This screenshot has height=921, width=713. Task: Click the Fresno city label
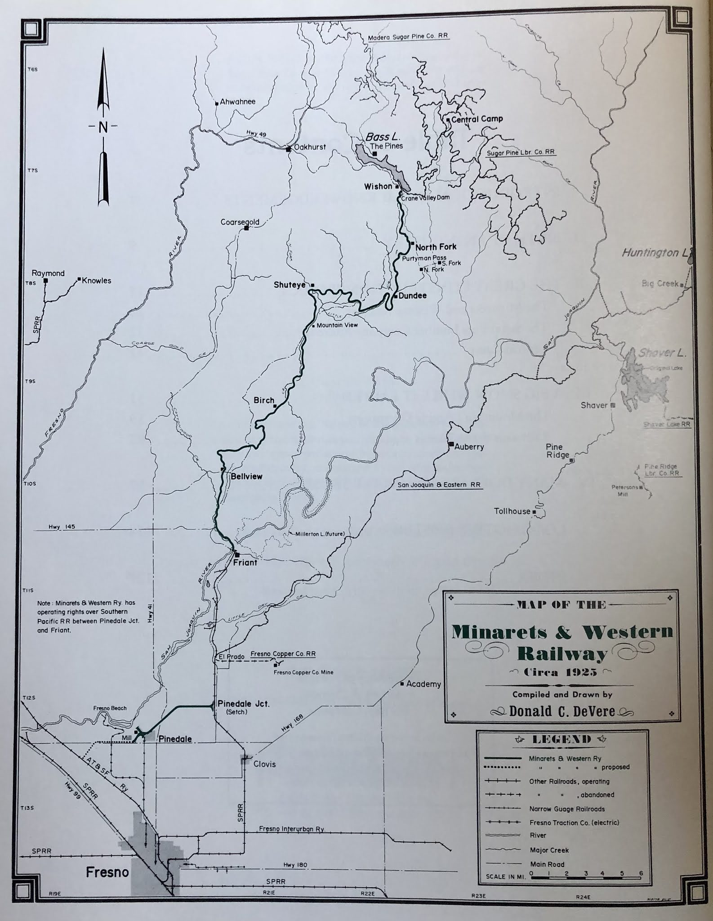coord(107,873)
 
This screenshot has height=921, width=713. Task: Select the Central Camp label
coord(477,119)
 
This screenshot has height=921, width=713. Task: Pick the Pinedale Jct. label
coord(243,704)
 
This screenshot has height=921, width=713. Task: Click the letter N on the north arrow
coord(103,127)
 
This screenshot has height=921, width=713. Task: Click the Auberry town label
coord(469,447)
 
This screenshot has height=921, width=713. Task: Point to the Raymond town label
coord(48,273)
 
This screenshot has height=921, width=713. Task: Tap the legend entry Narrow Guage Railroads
coord(566,809)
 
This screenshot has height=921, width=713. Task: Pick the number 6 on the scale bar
coord(641,873)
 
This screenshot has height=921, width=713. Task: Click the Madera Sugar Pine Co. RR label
coord(408,37)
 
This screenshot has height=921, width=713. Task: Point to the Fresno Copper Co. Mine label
coord(303,672)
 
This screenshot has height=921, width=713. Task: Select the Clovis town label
coord(264,764)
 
